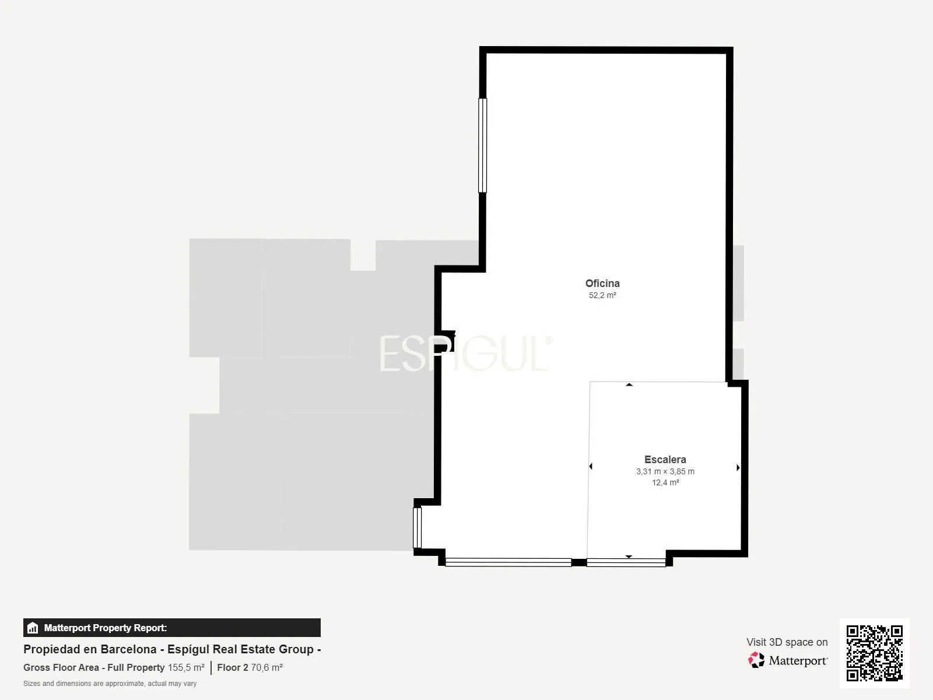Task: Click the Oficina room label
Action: tap(602, 283)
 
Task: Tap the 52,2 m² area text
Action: tap(602, 295)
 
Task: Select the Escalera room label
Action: tap(665, 460)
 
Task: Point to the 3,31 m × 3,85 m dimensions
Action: tap(665, 471)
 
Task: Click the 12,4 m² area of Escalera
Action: tap(665, 482)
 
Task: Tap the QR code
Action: tap(874, 653)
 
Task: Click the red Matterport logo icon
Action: tap(756, 660)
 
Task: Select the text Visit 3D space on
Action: tap(787, 642)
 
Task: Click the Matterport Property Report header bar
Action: tap(171, 628)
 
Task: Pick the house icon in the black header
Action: tap(33, 628)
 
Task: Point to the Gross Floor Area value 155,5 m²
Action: tap(186, 668)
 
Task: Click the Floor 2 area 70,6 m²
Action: tap(266, 668)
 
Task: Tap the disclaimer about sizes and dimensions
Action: tap(110, 684)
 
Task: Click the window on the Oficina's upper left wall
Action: tap(482, 146)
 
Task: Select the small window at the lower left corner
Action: tap(418, 528)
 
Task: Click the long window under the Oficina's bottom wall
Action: tap(508, 562)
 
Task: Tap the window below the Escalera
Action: tap(626, 563)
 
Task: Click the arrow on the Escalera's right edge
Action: tap(738, 467)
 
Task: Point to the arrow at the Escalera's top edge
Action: tap(629, 384)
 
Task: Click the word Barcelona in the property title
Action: tap(128, 649)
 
